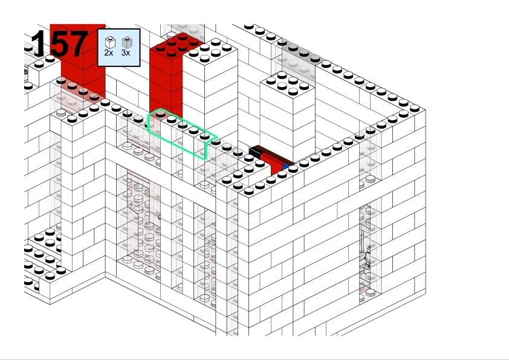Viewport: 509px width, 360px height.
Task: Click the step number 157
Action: [x=59, y=43]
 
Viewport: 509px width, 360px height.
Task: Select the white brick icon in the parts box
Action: [x=111, y=42]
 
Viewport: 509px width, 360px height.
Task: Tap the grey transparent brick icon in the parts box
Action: [x=127, y=42]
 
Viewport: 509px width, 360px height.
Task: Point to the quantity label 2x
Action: [x=109, y=53]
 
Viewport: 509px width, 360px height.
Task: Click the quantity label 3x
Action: [x=126, y=53]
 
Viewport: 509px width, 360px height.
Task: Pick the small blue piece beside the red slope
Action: [x=286, y=167]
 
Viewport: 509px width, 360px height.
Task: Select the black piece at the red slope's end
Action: [x=255, y=152]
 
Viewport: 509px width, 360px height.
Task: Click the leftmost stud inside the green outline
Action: [x=160, y=114]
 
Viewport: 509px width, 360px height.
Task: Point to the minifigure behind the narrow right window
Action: [x=368, y=257]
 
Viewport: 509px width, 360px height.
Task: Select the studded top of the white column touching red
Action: [x=210, y=50]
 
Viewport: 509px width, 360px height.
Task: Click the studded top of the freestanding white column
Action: [x=287, y=83]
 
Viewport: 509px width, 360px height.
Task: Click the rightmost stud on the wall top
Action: [x=415, y=108]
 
